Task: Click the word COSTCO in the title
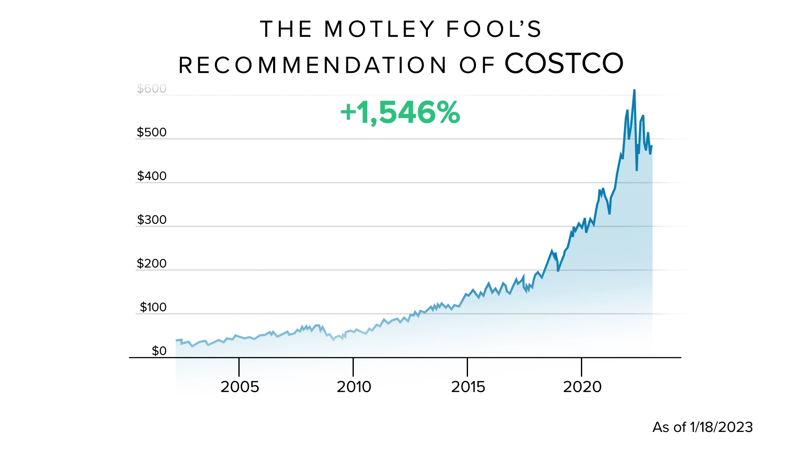coord(564,64)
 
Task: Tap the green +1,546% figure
coord(400,113)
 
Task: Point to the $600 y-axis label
coord(151,89)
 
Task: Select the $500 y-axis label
coord(151,132)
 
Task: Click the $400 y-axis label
coord(151,176)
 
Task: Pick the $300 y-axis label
coord(151,220)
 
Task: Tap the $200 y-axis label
coord(151,263)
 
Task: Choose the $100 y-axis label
coord(153,307)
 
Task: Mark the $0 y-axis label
coord(159,351)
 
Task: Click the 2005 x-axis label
coord(240,387)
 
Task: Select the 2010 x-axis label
coord(354,387)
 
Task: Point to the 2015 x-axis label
coord(468,387)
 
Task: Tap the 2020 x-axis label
coord(582,387)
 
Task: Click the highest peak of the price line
coord(634,90)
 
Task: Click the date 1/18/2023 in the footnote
coord(721,427)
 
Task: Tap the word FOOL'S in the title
coord(494,29)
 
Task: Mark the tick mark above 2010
coord(353,367)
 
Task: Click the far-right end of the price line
coord(652,146)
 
